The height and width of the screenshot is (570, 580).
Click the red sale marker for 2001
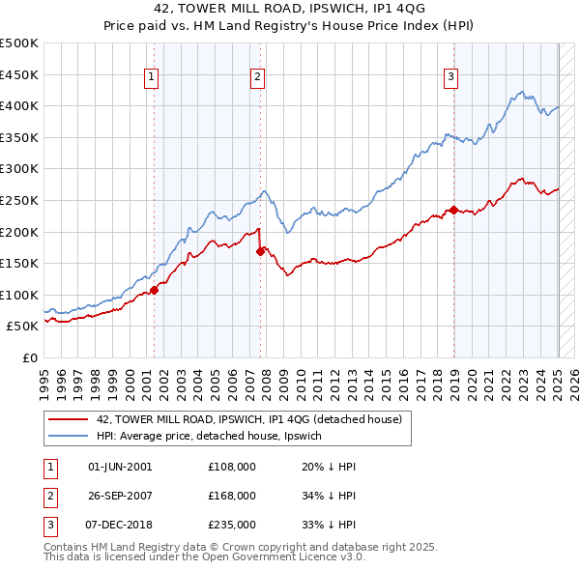(154, 289)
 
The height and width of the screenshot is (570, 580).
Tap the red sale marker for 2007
(260, 251)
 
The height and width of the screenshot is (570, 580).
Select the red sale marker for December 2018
(453, 209)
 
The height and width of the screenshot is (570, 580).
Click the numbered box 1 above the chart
(153, 79)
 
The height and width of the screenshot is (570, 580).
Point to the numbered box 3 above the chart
(451, 79)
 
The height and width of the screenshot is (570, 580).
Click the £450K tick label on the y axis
(19, 74)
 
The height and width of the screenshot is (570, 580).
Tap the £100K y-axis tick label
(19, 295)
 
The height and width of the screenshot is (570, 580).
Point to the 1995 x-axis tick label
(44, 377)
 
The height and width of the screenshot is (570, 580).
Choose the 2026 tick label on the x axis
(574, 377)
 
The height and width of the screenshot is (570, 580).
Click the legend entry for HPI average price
(213, 436)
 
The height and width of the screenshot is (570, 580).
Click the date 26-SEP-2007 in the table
(120, 496)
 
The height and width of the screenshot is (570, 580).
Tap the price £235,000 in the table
(232, 525)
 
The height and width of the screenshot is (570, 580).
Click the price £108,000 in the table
(232, 467)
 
